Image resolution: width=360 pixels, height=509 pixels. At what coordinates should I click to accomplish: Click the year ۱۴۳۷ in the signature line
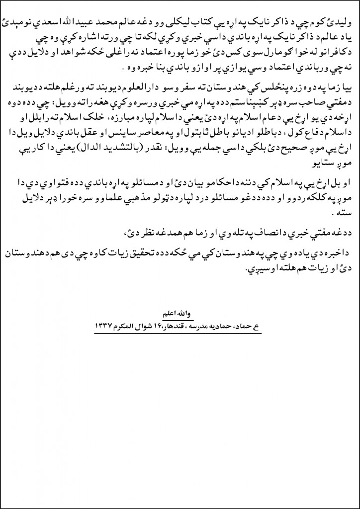pyautogui.click(x=103, y=326)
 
